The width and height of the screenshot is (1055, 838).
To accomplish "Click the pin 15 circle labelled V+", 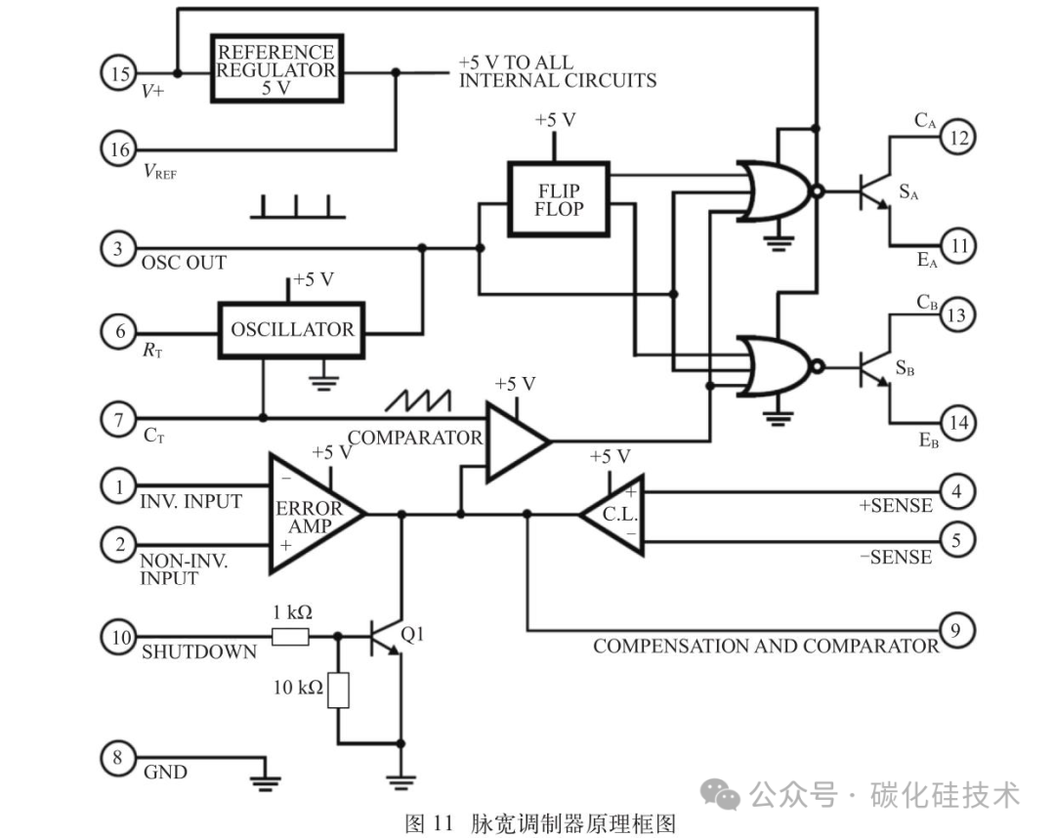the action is [x=119, y=72].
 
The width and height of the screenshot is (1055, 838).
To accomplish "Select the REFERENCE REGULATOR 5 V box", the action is [x=277, y=68].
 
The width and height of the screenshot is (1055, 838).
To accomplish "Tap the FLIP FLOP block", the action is [x=559, y=199].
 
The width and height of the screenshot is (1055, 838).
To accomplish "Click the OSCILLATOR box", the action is [x=292, y=329].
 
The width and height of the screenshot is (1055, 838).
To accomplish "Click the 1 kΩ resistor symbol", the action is [x=291, y=636].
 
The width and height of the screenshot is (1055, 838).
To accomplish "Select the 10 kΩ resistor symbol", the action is [x=338, y=690].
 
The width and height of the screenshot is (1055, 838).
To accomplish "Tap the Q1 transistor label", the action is [x=412, y=634].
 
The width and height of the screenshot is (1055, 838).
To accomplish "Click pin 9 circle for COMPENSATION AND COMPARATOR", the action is [x=956, y=630].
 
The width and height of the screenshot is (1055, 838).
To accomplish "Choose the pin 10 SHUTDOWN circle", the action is [x=119, y=636].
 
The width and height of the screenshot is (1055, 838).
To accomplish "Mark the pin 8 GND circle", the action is [x=118, y=758].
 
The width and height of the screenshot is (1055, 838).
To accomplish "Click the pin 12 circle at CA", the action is [x=956, y=137].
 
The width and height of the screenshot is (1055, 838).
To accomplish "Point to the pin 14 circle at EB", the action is [x=958, y=422].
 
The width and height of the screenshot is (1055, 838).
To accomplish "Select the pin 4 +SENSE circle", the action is [x=956, y=491].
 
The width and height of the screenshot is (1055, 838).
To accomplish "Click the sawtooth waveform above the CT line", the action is [x=418, y=400].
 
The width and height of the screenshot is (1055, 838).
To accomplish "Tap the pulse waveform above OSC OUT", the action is [x=297, y=206].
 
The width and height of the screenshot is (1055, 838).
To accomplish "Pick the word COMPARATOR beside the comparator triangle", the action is [x=415, y=438].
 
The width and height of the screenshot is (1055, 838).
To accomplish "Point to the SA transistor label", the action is [x=908, y=192].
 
